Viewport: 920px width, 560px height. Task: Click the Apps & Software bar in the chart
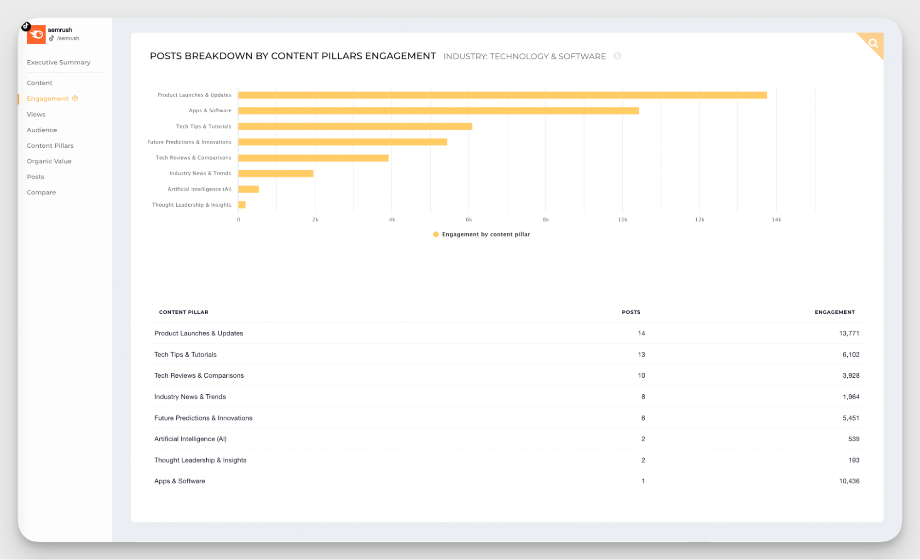(x=438, y=111)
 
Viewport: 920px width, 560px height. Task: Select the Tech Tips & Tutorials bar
(x=355, y=127)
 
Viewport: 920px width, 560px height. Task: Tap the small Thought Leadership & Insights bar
(x=242, y=205)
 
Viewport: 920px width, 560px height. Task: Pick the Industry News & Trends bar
(x=276, y=173)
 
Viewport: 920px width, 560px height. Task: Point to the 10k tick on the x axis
(x=622, y=219)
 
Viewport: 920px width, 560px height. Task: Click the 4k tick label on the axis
(x=392, y=219)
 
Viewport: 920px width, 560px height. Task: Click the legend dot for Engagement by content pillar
(x=435, y=234)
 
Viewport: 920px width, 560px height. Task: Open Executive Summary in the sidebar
(x=58, y=62)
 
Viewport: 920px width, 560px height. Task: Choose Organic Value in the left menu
(x=49, y=161)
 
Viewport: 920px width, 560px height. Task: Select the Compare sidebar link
(x=41, y=192)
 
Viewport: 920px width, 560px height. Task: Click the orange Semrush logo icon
(x=36, y=35)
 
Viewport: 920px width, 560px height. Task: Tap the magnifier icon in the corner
(x=873, y=43)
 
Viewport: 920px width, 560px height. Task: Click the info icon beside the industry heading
(x=617, y=56)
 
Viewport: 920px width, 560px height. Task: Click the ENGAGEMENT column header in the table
(x=834, y=312)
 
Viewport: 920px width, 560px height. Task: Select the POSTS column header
(x=631, y=312)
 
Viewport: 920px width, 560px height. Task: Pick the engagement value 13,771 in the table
(x=849, y=333)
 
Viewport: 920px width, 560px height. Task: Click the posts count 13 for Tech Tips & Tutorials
(x=641, y=354)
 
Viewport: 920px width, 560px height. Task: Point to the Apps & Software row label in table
(x=179, y=481)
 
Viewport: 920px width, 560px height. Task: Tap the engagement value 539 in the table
(x=853, y=439)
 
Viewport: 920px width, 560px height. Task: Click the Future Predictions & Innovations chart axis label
(x=189, y=142)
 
